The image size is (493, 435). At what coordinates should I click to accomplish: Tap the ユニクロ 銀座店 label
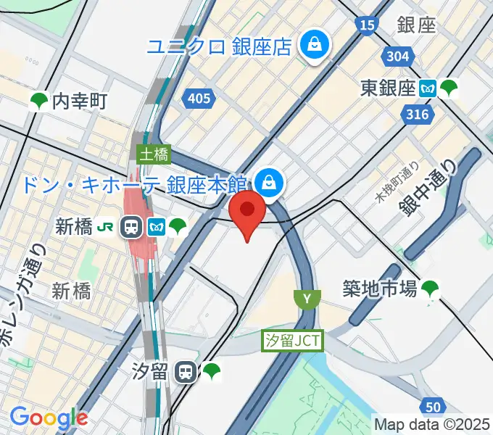pyautogui.click(x=219, y=47)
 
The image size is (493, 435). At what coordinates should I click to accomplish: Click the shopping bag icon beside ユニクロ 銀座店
pyautogui.click(x=316, y=45)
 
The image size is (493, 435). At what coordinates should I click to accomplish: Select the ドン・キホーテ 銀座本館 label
pyautogui.click(x=136, y=183)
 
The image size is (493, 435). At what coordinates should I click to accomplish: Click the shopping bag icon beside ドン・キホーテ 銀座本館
pyautogui.click(x=270, y=182)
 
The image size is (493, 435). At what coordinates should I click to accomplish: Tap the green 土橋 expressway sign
pyautogui.click(x=153, y=154)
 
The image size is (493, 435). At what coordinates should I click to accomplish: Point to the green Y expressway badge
pyautogui.click(x=307, y=298)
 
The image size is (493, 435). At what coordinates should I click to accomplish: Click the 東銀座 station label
pyautogui.click(x=388, y=88)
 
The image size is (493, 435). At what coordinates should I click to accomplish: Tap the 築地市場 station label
pyautogui.click(x=380, y=289)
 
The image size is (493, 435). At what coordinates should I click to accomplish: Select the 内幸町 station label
pyautogui.click(x=80, y=101)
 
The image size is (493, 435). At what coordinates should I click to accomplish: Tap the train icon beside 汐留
pyautogui.click(x=187, y=373)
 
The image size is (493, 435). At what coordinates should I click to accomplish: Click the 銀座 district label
pyautogui.click(x=416, y=24)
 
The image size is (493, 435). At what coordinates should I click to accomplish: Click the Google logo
pyautogui.click(x=49, y=418)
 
